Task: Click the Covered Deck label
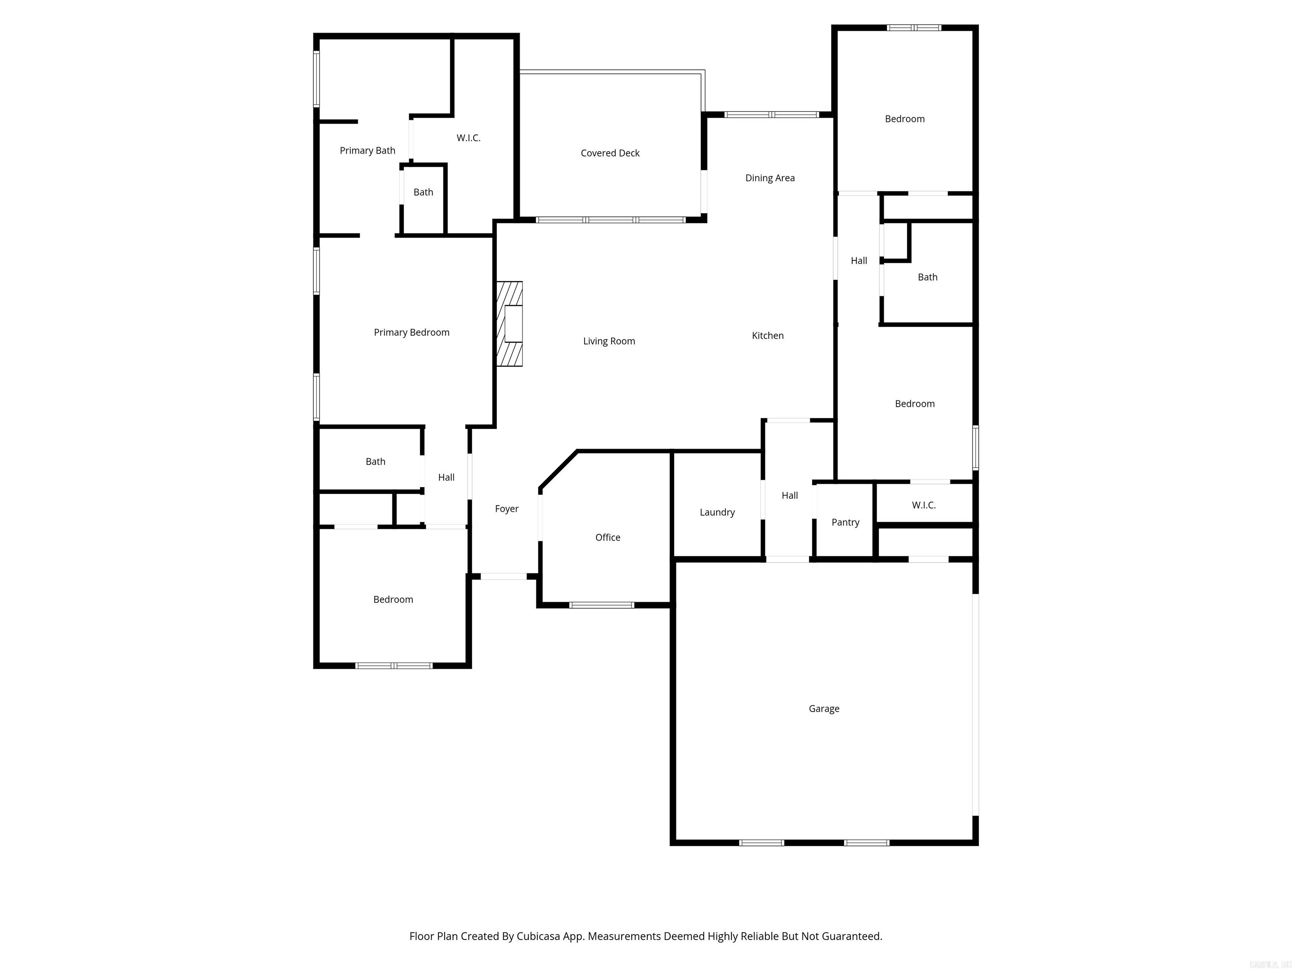[610, 153]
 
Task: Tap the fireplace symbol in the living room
[509, 324]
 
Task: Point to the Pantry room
[845, 522]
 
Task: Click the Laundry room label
[717, 512]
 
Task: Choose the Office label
[607, 537]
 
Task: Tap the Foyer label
[506, 509]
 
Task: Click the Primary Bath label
[368, 151]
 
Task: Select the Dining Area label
[769, 178]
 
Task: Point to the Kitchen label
[768, 336]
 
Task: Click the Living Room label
[609, 341]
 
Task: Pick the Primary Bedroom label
[411, 332]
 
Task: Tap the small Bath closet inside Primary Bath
[424, 193]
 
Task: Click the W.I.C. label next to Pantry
[924, 505]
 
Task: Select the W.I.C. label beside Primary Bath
[469, 138]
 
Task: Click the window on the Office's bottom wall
[601, 605]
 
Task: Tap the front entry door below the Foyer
[503, 577]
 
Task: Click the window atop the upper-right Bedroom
[913, 27]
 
